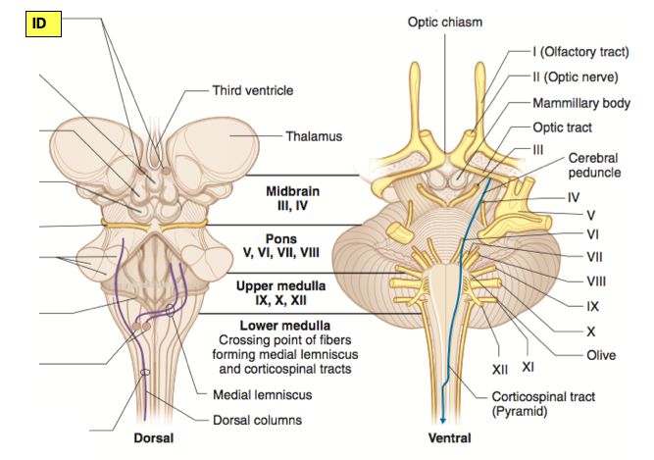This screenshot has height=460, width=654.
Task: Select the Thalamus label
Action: (x=314, y=136)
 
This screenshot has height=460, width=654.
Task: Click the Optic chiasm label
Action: (x=445, y=21)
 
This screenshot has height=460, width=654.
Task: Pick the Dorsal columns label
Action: (x=257, y=420)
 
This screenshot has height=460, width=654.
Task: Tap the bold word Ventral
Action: (x=443, y=437)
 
